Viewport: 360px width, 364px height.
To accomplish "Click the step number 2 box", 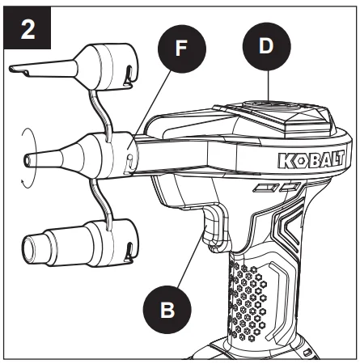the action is point(28,28).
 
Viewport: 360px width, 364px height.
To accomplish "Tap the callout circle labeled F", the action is point(182,49).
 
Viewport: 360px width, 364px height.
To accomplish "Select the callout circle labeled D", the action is point(267,46).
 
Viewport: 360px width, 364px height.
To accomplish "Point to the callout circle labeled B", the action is point(167,310).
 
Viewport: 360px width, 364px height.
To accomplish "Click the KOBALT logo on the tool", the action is point(311,159).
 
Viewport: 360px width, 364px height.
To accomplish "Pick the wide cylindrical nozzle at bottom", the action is point(80,243).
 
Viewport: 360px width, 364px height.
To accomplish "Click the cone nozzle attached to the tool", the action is point(81,156).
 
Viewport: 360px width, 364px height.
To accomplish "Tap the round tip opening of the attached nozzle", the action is point(27,161).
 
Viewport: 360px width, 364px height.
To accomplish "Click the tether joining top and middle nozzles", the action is point(100,111).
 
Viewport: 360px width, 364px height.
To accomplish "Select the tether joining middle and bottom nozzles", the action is point(100,201).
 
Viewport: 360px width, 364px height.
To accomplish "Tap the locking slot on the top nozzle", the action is point(129,74).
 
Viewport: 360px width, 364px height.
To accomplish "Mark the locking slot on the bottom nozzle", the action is point(129,252).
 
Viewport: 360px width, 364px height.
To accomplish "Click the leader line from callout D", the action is point(269,86).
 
